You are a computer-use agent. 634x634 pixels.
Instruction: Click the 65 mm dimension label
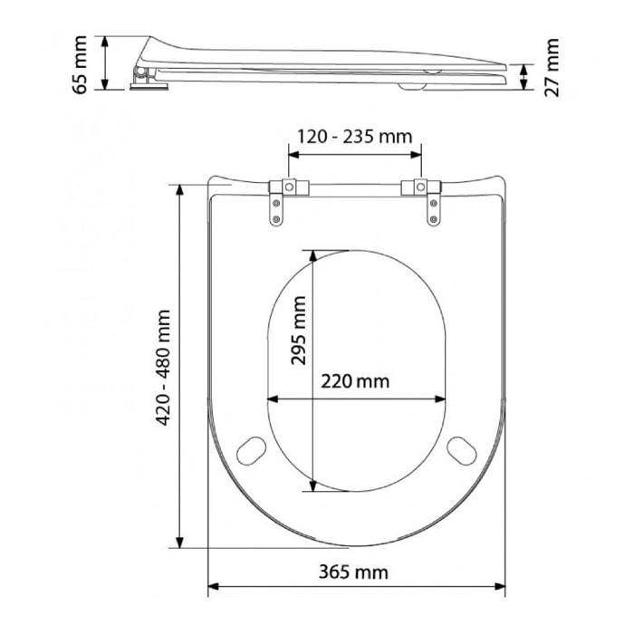[x=81, y=63]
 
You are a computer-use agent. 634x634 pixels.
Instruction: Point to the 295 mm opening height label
[x=299, y=332]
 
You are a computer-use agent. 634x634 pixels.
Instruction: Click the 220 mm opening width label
[x=355, y=381]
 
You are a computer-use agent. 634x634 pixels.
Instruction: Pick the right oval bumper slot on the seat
[x=462, y=449]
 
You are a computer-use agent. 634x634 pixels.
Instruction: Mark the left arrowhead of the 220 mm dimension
[x=273, y=399]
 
